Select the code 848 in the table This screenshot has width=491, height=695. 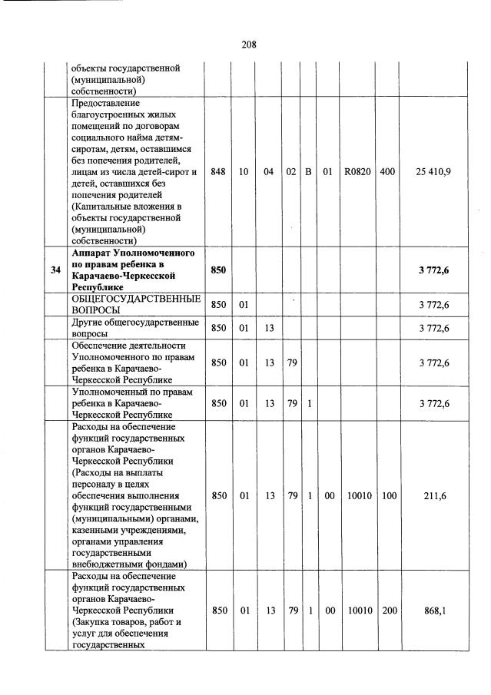218,172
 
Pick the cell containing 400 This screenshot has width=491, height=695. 387,172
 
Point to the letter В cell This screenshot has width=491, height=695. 308,172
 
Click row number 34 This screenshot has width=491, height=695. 55,270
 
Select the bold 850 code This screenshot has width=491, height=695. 218,270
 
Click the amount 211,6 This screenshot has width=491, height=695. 434,496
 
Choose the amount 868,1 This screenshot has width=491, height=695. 434,611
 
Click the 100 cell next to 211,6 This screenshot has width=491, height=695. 389,496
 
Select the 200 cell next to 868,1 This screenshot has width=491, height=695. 389,611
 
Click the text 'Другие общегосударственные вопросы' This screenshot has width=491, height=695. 134,329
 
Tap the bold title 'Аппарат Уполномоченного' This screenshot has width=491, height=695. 132,253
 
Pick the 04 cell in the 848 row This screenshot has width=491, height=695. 268,172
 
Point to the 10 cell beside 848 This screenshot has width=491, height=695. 244,172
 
